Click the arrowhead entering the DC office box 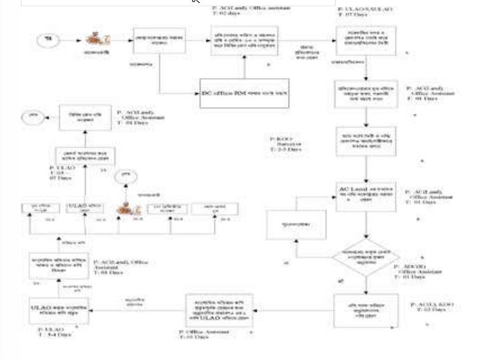[193, 92]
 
